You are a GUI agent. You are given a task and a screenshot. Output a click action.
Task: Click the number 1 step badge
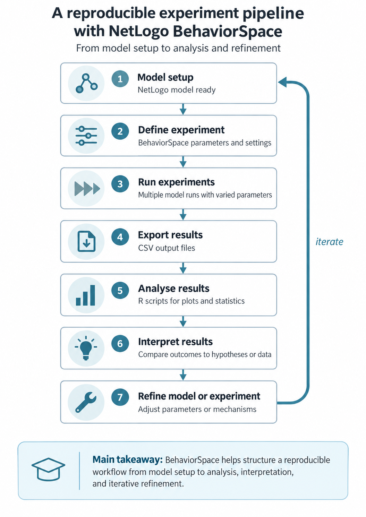[120, 79]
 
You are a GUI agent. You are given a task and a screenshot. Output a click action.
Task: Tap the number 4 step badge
[120, 236]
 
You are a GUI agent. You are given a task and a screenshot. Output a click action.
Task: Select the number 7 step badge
[120, 397]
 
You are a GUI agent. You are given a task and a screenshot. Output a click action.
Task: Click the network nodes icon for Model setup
[86, 83]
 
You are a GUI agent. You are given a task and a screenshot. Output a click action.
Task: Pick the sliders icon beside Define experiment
[86, 136]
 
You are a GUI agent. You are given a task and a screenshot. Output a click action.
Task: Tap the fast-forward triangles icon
[87, 188]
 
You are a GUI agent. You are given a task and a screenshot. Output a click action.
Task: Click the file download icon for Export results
[86, 241]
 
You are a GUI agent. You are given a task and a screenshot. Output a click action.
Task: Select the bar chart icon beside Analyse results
[85, 295]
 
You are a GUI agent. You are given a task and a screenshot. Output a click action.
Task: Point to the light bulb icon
[86, 348]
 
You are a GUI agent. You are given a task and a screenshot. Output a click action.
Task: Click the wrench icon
[86, 402]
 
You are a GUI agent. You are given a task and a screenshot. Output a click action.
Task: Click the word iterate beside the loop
[329, 242]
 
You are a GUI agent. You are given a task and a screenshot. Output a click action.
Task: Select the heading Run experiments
[177, 182]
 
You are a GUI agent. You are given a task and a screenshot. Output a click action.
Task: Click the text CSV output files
[167, 248]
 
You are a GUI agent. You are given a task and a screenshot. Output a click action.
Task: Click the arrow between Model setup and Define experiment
[183, 109]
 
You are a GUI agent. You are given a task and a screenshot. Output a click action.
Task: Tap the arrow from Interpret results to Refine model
[183, 375]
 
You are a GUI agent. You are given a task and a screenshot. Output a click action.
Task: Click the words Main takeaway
[128, 459]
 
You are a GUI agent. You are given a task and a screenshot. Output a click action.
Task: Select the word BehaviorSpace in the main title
[228, 32]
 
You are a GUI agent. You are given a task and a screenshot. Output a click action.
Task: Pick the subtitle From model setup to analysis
[178, 48]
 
